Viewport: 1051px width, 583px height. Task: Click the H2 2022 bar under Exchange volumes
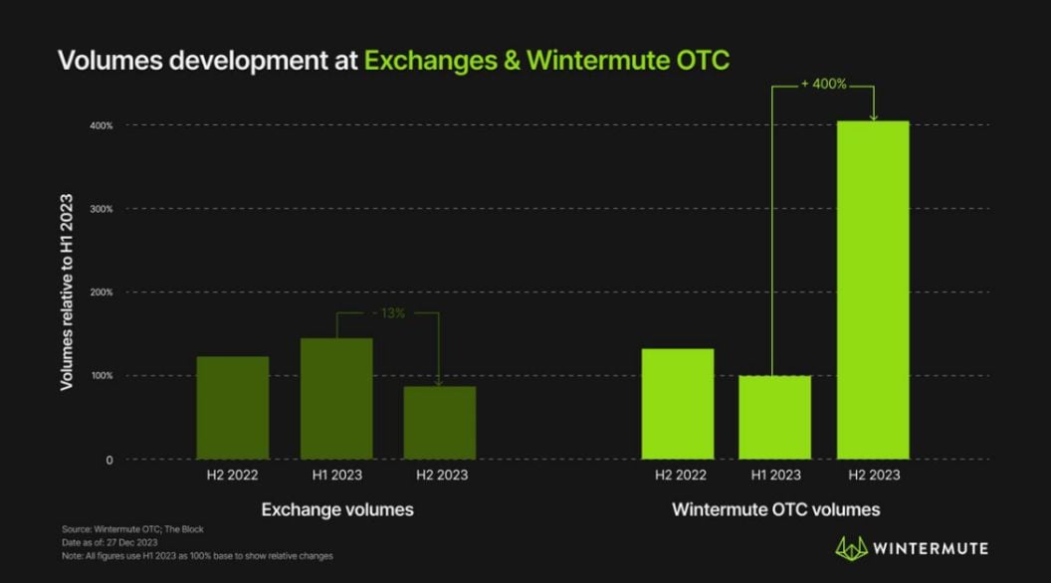(x=232, y=407)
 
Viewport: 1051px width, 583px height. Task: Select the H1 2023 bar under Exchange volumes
(x=336, y=398)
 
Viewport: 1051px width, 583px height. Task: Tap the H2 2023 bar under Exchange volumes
(x=440, y=422)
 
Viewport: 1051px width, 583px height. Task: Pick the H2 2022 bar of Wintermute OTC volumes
(x=678, y=403)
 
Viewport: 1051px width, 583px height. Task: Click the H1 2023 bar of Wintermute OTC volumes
(x=774, y=417)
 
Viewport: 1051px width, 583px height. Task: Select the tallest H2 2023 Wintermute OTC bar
(x=873, y=290)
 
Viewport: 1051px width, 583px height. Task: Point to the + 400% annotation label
(x=823, y=85)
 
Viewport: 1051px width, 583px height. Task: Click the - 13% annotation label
(x=388, y=312)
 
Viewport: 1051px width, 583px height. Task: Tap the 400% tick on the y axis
(x=101, y=125)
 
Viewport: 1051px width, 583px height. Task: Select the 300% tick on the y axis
(x=101, y=209)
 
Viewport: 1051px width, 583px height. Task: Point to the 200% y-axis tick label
(x=101, y=292)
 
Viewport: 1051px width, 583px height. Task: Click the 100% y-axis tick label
(x=101, y=376)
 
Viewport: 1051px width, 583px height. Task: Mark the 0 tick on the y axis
(x=108, y=460)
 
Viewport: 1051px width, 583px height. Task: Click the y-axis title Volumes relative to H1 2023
(x=67, y=291)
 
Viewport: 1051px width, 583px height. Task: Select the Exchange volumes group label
(x=337, y=509)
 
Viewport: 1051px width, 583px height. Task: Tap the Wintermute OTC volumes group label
(x=775, y=509)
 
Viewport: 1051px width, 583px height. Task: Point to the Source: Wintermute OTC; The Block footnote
(x=132, y=529)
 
